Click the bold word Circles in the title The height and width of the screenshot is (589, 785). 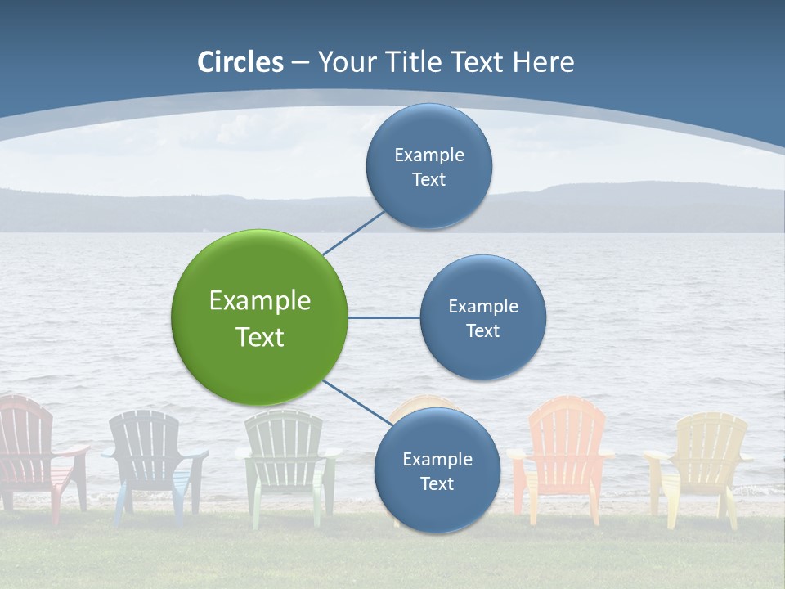(240, 62)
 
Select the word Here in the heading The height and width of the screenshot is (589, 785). (543, 62)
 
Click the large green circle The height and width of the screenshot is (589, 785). (259, 317)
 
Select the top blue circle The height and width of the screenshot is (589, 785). (428, 166)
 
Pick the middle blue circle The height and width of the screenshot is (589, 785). (482, 317)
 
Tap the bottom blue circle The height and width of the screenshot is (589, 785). (437, 470)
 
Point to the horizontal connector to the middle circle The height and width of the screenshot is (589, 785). (384, 317)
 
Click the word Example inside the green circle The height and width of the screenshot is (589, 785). (259, 300)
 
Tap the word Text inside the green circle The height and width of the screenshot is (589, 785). (259, 337)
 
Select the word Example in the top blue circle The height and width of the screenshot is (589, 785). (428, 155)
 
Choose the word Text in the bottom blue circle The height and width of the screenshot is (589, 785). (437, 483)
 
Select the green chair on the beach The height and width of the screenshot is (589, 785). (286, 458)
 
